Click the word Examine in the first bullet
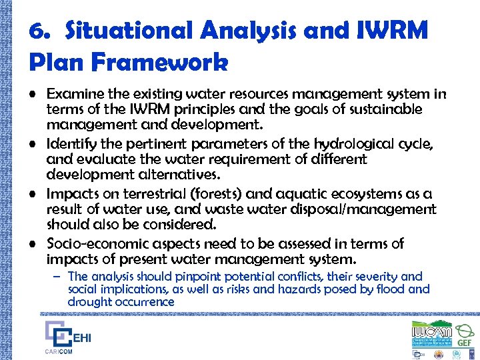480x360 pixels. point(71,95)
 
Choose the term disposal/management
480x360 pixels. point(368,209)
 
